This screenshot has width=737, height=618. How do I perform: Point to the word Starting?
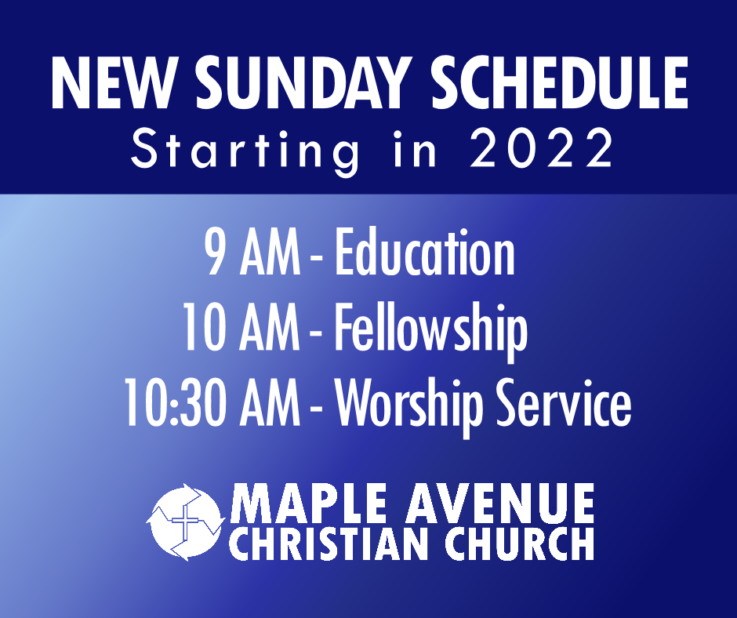point(245,151)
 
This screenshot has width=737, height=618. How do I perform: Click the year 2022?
point(542,148)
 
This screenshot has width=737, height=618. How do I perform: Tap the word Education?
point(424,252)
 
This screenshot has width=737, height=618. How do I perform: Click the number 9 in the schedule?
point(215,253)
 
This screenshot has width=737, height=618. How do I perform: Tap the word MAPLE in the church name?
point(311,503)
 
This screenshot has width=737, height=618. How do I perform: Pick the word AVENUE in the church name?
point(500,503)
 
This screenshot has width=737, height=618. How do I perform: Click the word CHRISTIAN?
point(335,543)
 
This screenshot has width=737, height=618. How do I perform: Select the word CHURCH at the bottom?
point(520,543)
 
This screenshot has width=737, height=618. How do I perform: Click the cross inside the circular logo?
point(185,521)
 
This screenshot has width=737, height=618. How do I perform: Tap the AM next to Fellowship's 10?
point(270,327)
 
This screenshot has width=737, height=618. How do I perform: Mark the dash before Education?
point(316,258)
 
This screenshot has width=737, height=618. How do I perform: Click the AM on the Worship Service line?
point(270,404)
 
